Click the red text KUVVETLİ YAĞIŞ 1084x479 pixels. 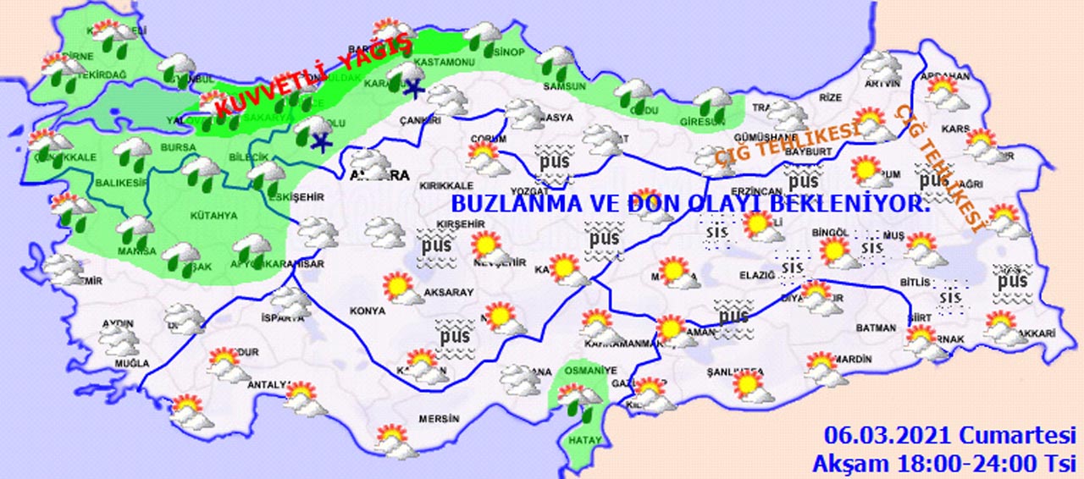[313, 77]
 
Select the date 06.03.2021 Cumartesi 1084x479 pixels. [948, 436]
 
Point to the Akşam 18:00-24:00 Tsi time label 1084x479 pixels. [943, 464]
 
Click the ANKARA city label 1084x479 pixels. [380, 176]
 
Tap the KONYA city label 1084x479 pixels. [367, 311]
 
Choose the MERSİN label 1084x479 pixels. [439, 419]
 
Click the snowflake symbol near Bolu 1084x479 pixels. [321, 141]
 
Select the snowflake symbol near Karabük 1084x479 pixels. [412, 88]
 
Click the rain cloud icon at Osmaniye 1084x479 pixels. [579, 397]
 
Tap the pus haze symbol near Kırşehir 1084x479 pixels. [438, 246]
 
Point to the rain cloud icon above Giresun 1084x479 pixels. [714, 103]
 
